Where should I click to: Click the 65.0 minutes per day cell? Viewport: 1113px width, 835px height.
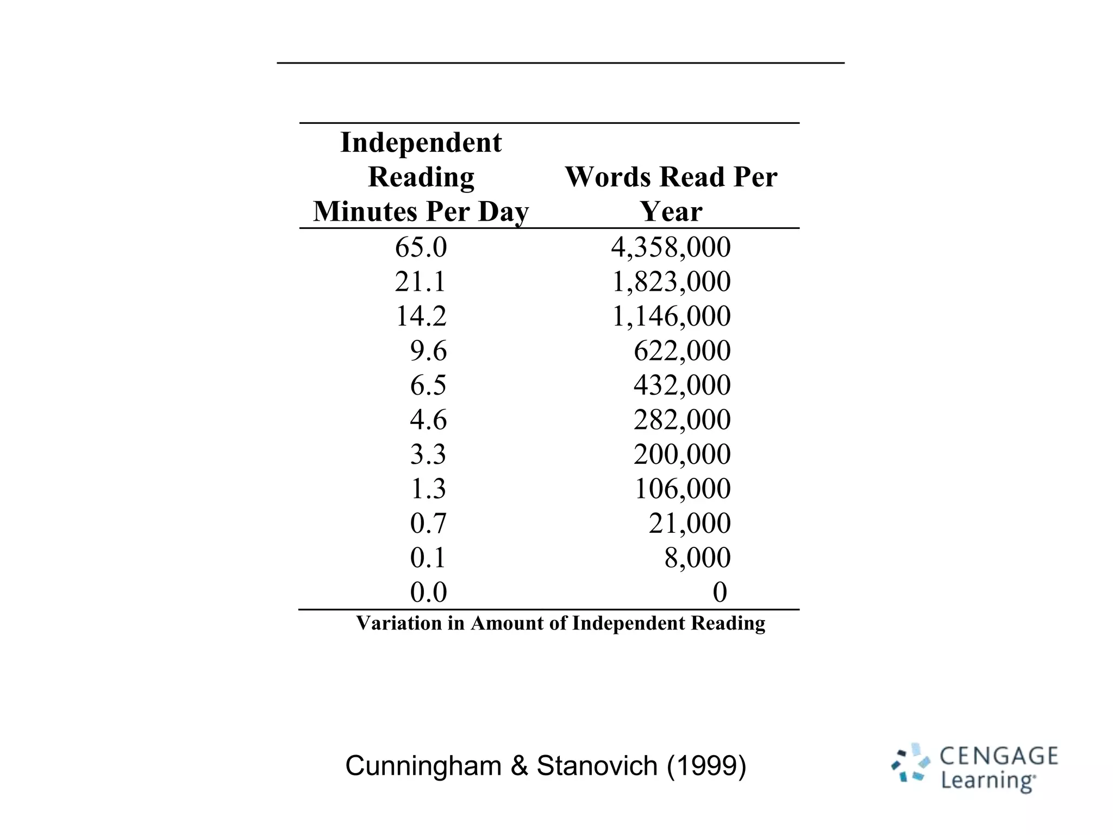[x=421, y=247]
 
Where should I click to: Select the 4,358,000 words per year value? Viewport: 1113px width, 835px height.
[x=671, y=247]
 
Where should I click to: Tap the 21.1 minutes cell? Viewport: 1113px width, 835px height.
[x=421, y=282]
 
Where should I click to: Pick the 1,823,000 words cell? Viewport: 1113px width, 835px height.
[x=671, y=282]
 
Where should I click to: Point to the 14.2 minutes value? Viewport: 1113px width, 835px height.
[x=421, y=316]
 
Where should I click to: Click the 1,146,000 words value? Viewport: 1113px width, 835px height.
[x=671, y=316]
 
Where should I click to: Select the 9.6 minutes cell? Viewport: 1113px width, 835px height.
[x=428, y=351]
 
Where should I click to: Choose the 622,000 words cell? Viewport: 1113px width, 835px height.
[x=682, y=351]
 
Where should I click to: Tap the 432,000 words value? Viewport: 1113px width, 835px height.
[x=682, y=385]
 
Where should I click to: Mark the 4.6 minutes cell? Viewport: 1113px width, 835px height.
[x=428, y=420]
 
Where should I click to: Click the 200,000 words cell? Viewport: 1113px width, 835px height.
[x=682, y=454]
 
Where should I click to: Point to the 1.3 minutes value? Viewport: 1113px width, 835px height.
[x=428, y=488]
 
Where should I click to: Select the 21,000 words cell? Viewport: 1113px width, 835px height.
[x=690, y=523]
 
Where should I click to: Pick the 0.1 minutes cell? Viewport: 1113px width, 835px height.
[x=428, y=557]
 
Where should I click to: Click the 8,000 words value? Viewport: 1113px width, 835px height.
[x=697, y=557]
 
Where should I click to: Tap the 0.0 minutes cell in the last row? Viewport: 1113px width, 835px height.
[x=428, y=592]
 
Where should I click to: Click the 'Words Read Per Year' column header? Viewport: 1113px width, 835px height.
[x=671, y=194]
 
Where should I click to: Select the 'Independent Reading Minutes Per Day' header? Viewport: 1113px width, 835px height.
[x=421, y=177]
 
